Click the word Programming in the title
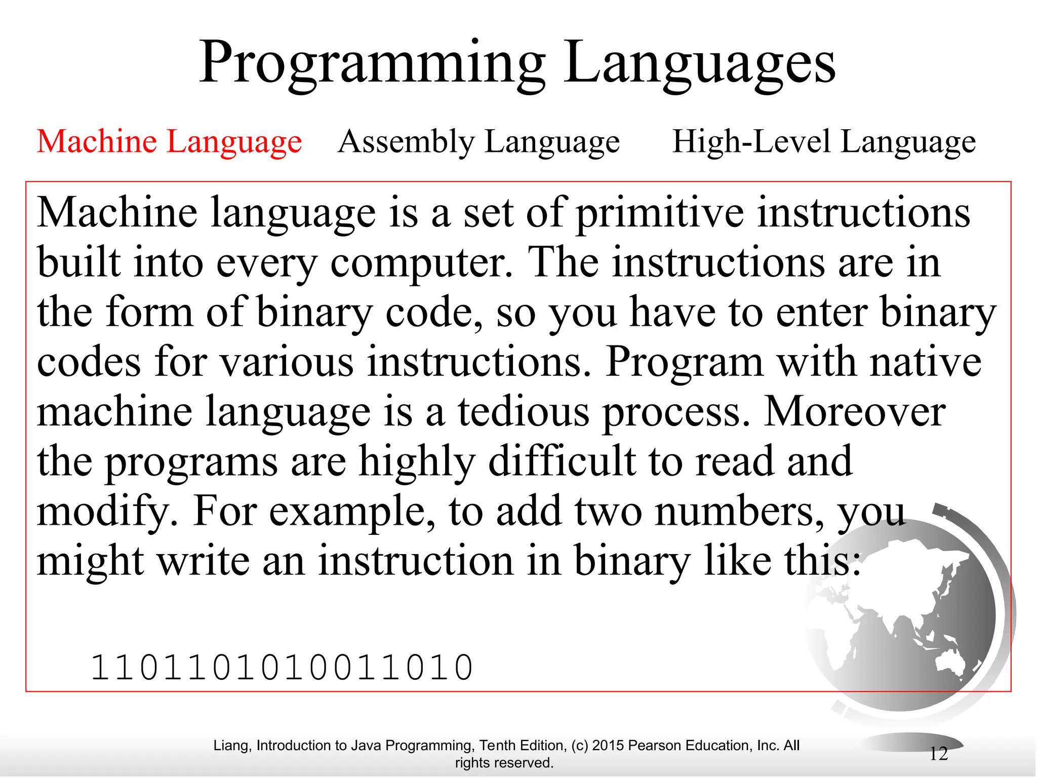pyautogui.click(x=372, y=63)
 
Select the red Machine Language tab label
pyautogui.click(x=169, y=141)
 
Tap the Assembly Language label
pyautogui.click(x=478, y=141)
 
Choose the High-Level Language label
pyautogui.click(x=823, y=141)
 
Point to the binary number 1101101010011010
pyautogui.click(x=282, y=667)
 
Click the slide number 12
pyautogui.click(x=938, y=754)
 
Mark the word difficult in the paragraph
pyautogui.click(x=562, y=461)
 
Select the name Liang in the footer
pyautogui.click(x=231, y=746)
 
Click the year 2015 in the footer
pyautogui.click(x=608, y=746)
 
